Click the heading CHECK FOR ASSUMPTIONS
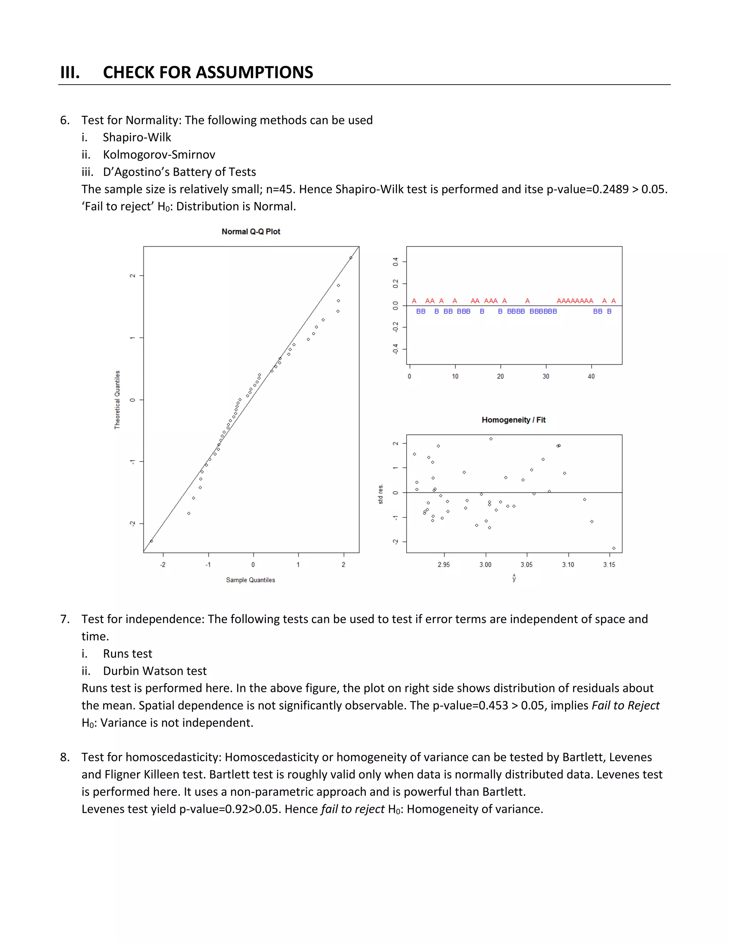pyautogui.click(x=208, y=72)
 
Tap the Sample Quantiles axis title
pyautogui.click(x=251, y=580)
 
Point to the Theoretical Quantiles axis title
pyautogui.click(x=117, y=399)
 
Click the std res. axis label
pyautogui.click(x=380, y=494)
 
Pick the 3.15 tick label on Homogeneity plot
pyautogui.click(x=609, y=565)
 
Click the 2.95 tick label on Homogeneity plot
pyautogui.click(x=444, y=565)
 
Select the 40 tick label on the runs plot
pyautogui.click(x=591, y=376)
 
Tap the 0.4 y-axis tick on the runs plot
pyautogui.click(x=395, y=262)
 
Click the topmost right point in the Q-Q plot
pyautogui.click(x=351, y=258)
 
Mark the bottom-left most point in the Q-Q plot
pyautogui.click(x=151, y=541)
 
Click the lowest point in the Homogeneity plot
pyautogui.click(x=614, y=548)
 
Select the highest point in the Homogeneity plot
pyautogui.click(x=491, y=439)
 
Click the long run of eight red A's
pyautogui.click(x=575, y=301)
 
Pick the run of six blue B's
pyautogui.click(x=543, y=311)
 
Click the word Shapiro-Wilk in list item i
pyautogui.click(x=137, y=137)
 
